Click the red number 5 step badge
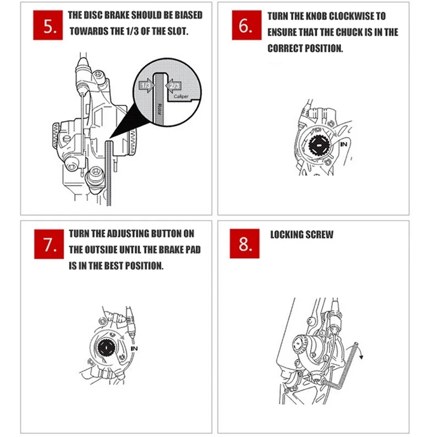tap(48, 25)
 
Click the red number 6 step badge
tap(247, 25)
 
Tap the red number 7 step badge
tap(49, 244)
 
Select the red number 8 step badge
tap(245, 244)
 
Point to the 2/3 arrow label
tap(173, 86)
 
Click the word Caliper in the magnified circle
tap(181, 97)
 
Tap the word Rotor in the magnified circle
tap(159, 109)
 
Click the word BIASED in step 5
tap(188, 15)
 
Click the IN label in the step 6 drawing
tap(344, 144)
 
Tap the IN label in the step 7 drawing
tap(134, 349)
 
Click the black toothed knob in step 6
tap(320, 145)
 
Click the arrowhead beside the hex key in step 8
tap(362, 357)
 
